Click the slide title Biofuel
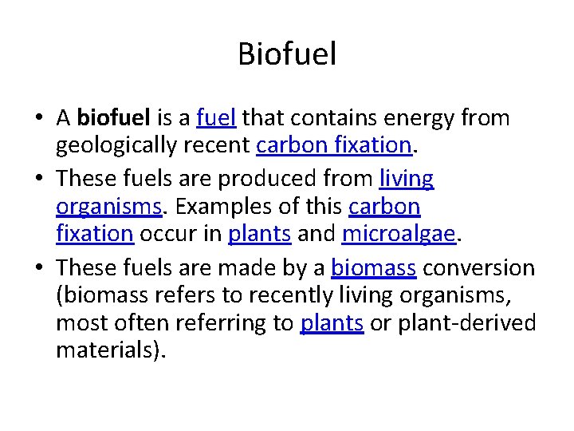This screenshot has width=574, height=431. click(x=287, y=54)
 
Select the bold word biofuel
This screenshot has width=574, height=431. click(x=114, y=118)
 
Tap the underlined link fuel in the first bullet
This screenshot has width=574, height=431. click(x=215, y=118)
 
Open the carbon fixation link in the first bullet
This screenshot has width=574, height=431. click(x=333, y=146)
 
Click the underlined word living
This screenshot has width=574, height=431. click(x=407, y=178)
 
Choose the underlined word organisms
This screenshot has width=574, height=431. click(x=109, y=207)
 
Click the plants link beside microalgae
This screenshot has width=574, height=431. click(x=260, y=235)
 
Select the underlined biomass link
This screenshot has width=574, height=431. click(x=373, y=267)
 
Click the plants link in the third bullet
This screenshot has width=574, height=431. click(x=332, y=323)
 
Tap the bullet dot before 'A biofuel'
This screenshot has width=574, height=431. click(x=38, y=119)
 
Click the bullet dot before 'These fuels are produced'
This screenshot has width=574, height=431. click(x=38, y=179)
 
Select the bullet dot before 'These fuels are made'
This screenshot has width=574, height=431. click(x=38, y=267)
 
